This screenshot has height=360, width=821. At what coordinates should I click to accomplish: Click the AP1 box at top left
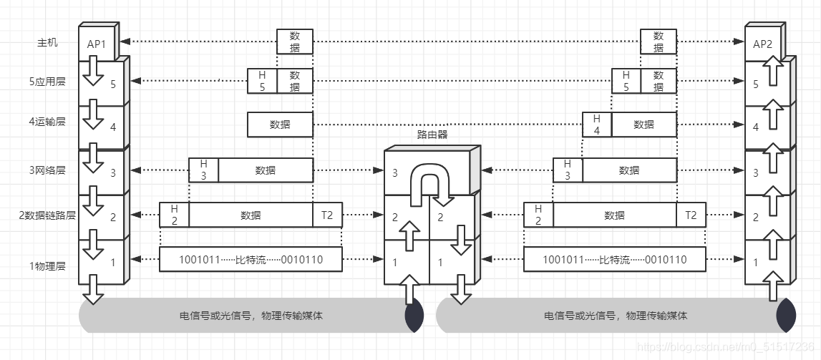96,44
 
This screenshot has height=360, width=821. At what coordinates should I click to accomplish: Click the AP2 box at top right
762,44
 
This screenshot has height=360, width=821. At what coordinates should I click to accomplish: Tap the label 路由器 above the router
432,135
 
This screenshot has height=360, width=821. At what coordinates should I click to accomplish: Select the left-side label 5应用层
47,82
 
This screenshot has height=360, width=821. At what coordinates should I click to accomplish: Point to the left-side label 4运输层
47,122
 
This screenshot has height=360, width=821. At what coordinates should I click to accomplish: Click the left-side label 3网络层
47,170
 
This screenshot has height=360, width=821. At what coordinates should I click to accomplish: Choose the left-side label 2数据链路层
47,215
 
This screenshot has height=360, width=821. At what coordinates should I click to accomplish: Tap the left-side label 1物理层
47,266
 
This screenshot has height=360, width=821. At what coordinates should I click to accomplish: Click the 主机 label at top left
47,42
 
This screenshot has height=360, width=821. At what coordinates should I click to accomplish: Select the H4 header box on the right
597,124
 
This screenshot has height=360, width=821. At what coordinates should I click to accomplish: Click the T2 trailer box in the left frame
328,215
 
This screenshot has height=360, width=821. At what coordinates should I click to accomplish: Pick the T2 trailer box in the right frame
691,215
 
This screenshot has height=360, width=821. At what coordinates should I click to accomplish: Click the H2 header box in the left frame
174,215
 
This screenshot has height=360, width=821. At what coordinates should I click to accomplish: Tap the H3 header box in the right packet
568,170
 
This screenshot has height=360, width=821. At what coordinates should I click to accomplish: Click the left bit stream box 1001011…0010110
251,260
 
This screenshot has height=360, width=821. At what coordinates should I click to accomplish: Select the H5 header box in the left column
262,80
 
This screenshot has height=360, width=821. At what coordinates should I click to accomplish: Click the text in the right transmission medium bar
616,316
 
